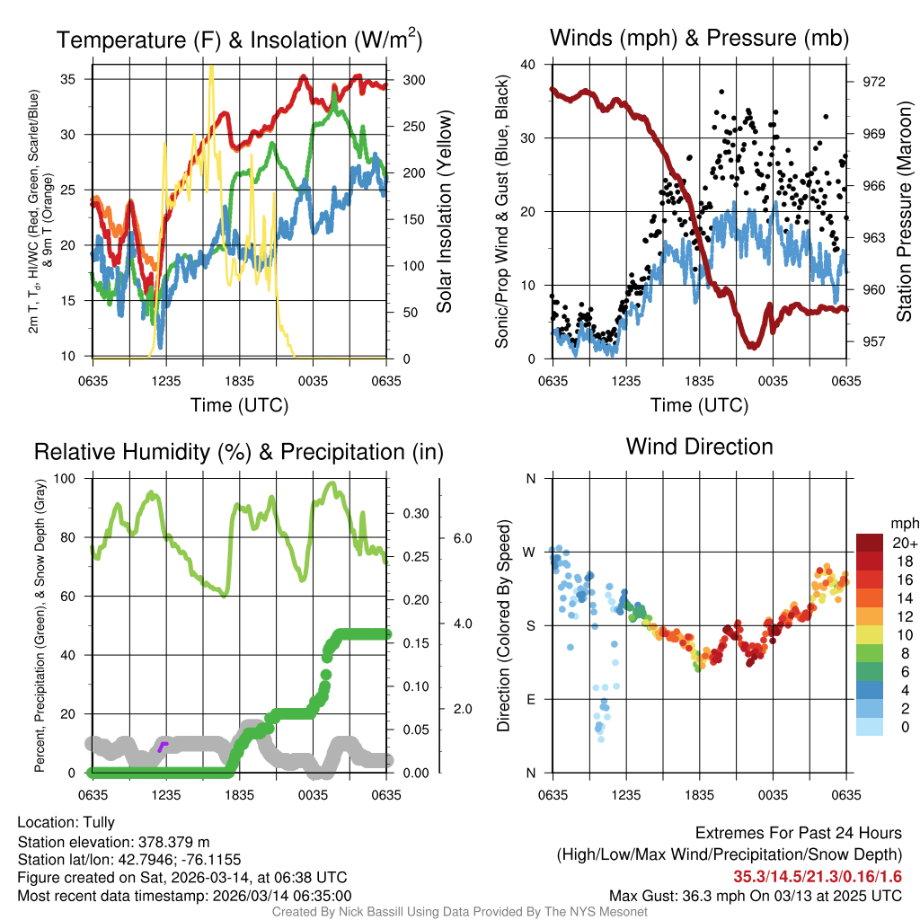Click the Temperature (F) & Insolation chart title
pos(240,40)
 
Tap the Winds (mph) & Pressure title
pos(699,38)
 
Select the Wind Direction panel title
pos(699,447)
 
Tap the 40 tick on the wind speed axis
pos(528,65)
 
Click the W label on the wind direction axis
pos(530,552)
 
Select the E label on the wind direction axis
pos(530,699)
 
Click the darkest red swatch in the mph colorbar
pos(871,543)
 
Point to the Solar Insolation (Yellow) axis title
pos(444,212)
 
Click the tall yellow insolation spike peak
pos(211,67)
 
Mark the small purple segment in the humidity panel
pos(163,746)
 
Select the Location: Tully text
pos(66,822)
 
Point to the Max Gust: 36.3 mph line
pos(755,895)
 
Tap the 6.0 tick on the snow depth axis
pos(462,538)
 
